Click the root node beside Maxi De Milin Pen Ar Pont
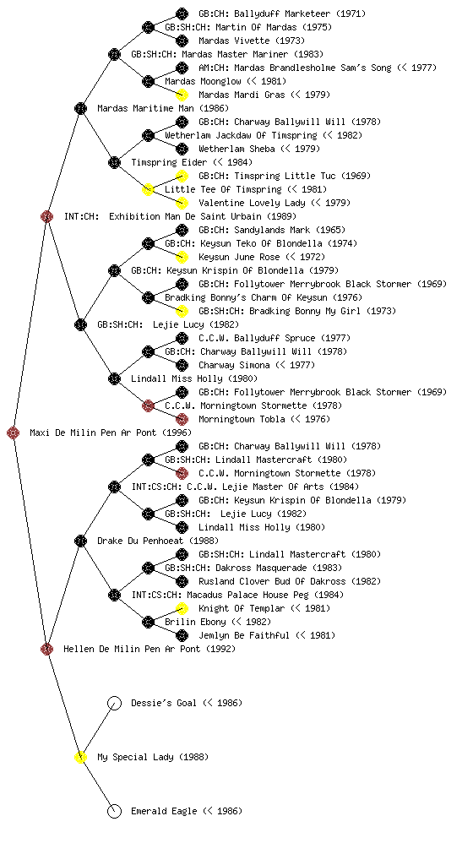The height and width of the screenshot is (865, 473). pos(14,432)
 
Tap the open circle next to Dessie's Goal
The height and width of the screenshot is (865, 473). pos(114,703)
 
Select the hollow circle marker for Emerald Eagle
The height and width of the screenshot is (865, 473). pos(114,811)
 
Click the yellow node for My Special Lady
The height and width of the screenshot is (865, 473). pos(80,757)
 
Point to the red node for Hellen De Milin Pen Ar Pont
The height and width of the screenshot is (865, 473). pos(46,649)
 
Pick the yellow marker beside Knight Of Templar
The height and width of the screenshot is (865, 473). pos(182,608)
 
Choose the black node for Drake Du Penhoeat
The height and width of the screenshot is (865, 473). pos(80,541)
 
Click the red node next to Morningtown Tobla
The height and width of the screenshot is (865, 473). pos(182,419)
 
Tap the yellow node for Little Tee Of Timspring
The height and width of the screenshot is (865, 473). pos(148,189)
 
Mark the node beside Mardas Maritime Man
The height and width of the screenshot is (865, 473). pos(80,108)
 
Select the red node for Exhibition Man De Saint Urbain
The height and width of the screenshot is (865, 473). pos(46,216)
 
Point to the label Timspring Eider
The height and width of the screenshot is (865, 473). pos(169,162)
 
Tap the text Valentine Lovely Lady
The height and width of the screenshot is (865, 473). pos(252,203)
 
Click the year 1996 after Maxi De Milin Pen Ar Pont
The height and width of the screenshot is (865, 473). pos(177,433)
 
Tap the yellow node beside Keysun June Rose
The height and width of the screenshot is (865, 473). pos(182,257)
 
